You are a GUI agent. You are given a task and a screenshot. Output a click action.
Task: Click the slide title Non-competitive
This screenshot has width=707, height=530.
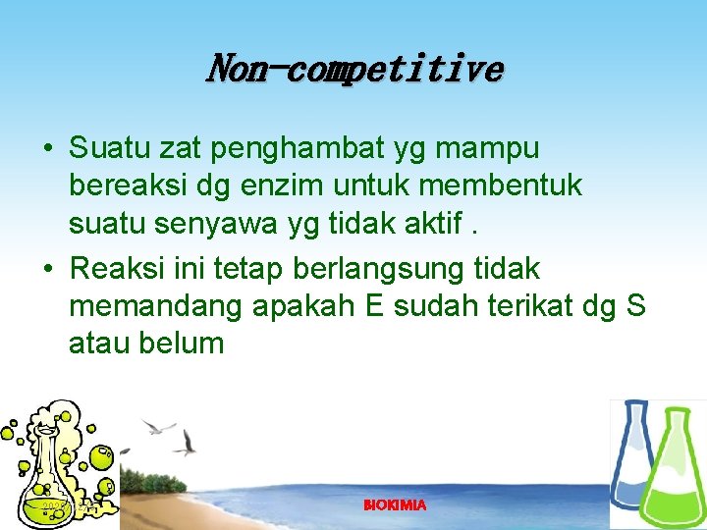pos(353,70)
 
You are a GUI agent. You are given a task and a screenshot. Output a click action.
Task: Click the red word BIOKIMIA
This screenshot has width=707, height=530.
pos(395,505)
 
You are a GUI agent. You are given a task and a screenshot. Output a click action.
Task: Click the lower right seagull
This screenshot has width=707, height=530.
pos(186,444)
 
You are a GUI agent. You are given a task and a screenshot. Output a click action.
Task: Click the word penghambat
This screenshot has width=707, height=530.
pos(293,149)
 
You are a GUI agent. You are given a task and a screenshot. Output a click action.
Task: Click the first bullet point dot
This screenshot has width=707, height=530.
pos(47,150)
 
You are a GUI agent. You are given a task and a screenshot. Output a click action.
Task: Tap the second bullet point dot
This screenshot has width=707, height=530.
pos(47,269)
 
